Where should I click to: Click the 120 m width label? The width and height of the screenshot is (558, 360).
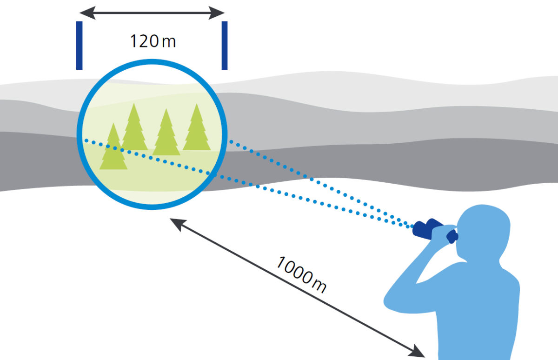153,41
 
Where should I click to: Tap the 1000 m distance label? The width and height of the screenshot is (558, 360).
301,274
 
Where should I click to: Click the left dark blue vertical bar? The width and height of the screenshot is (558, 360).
80,45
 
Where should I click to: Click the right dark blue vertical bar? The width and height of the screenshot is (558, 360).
225,45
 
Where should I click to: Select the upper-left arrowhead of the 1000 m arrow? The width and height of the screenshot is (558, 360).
174,222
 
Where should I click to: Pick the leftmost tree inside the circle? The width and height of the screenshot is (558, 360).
113,149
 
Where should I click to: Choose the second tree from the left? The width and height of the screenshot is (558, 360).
134,129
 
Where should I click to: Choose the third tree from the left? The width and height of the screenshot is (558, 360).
166,134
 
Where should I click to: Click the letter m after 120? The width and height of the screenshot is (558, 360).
169,41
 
